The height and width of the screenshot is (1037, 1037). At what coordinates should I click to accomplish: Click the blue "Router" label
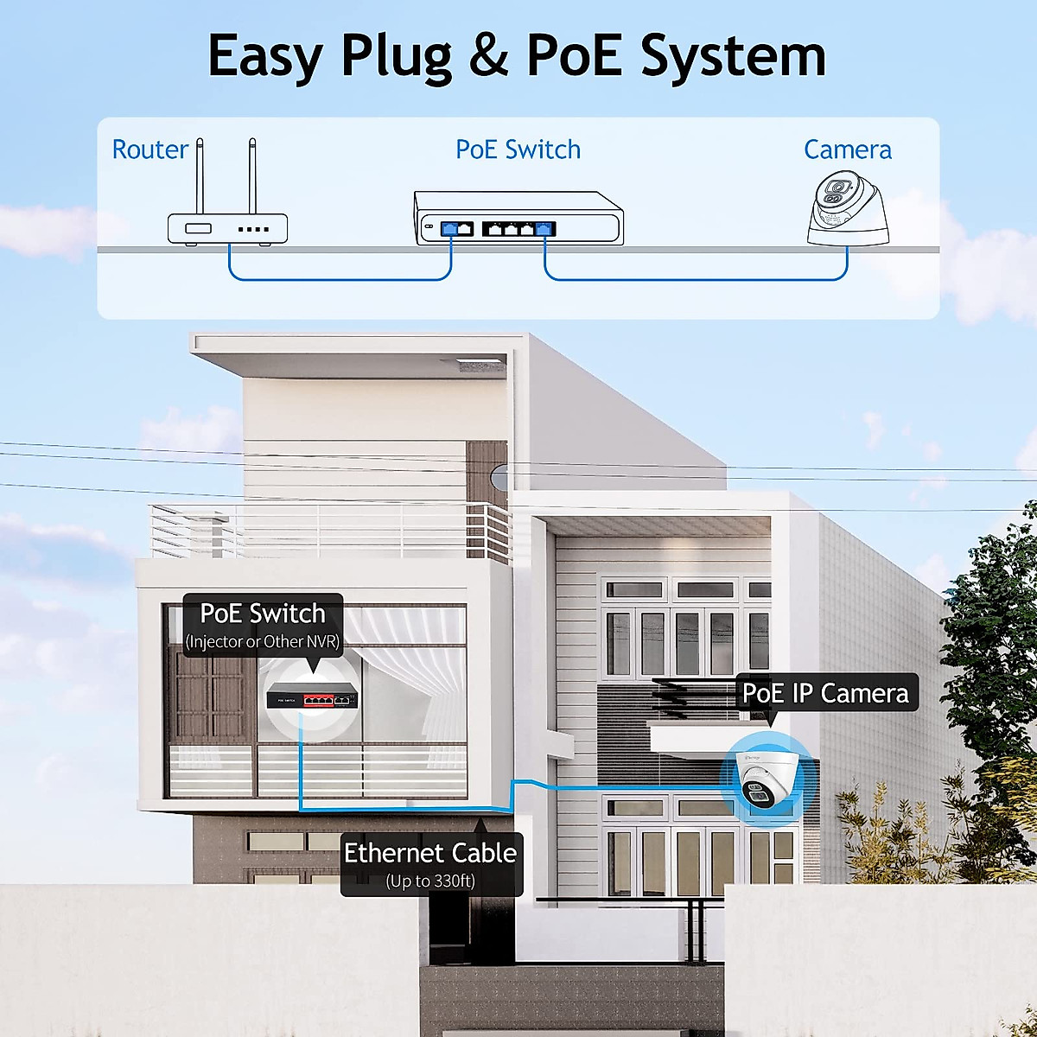[x=150, y=150]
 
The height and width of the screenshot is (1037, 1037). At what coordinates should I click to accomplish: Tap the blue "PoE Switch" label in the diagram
[x=518, y=150]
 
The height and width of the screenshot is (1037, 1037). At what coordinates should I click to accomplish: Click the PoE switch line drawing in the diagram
[x=518, y=219]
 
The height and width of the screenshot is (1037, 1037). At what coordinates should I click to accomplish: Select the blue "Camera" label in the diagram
[x=847, y=150]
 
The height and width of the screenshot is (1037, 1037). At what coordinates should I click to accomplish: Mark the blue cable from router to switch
[x=337, y=278]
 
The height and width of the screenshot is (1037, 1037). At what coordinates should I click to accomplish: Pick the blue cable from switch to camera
[x=691, y=279]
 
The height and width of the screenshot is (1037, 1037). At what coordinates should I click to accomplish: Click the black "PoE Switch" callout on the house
[x=263, y=614]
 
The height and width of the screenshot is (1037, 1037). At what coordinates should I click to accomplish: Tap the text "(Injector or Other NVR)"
[x=263, y=642]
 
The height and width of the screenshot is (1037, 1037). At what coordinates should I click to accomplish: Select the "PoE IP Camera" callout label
[x=825, y=693]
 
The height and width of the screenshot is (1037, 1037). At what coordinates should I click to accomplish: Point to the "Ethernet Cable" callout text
[x=430, y=853]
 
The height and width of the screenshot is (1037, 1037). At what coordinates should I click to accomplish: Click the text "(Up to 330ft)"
[x=430, y=881]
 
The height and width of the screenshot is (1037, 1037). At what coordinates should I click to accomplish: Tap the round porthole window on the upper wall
[x=497, y=477]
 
